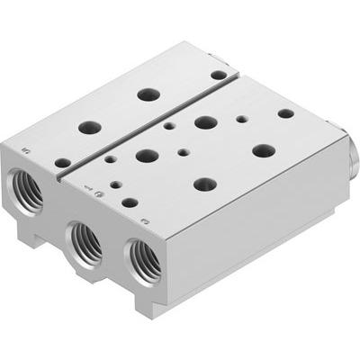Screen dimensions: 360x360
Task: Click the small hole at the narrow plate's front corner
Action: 61,163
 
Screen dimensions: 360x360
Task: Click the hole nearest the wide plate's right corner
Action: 285,113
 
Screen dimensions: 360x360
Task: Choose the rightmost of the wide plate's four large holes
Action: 263,149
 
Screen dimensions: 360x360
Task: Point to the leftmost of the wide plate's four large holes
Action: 147,155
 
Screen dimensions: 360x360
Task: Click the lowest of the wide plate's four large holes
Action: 205,183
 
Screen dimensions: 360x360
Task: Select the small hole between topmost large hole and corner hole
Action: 242,118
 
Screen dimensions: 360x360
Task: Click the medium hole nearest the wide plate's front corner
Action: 130,202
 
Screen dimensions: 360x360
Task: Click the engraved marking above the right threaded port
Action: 144,219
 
